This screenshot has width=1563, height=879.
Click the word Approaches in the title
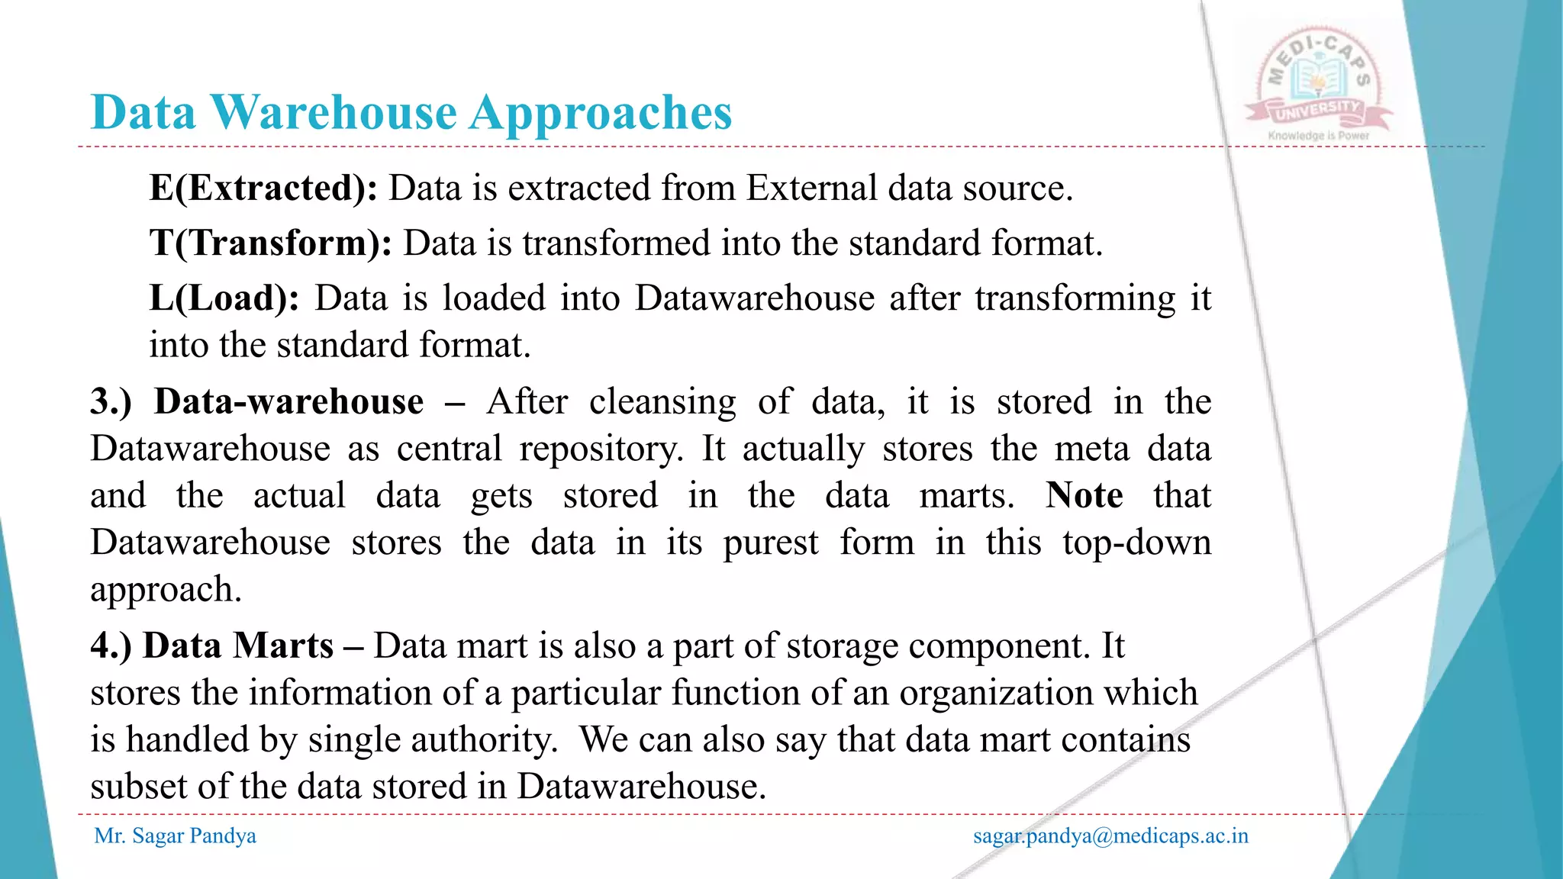(x=601, y=113)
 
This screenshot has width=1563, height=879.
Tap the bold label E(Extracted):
(x=263, y=188)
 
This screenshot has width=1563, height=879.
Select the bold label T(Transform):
(x=271, y=243)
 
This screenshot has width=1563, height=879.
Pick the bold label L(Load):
(x=224, y=298)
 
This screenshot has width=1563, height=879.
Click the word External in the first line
(x=811, y=188)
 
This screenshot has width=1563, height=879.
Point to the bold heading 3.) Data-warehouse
(x=257, y=401)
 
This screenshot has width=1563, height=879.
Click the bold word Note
(x=1084, y=495)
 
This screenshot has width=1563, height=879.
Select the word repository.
(x=601, y=449)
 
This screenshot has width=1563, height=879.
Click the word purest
(x=770, y=543)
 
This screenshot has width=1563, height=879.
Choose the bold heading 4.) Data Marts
(x=212, y=646)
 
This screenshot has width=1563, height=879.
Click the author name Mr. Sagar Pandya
(x=175, y=836)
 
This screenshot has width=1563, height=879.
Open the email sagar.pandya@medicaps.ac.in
(x=1110, y=836)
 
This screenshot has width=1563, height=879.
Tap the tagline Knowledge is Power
(x=1318, y=136)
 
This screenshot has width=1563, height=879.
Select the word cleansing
(x=662, y=401)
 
